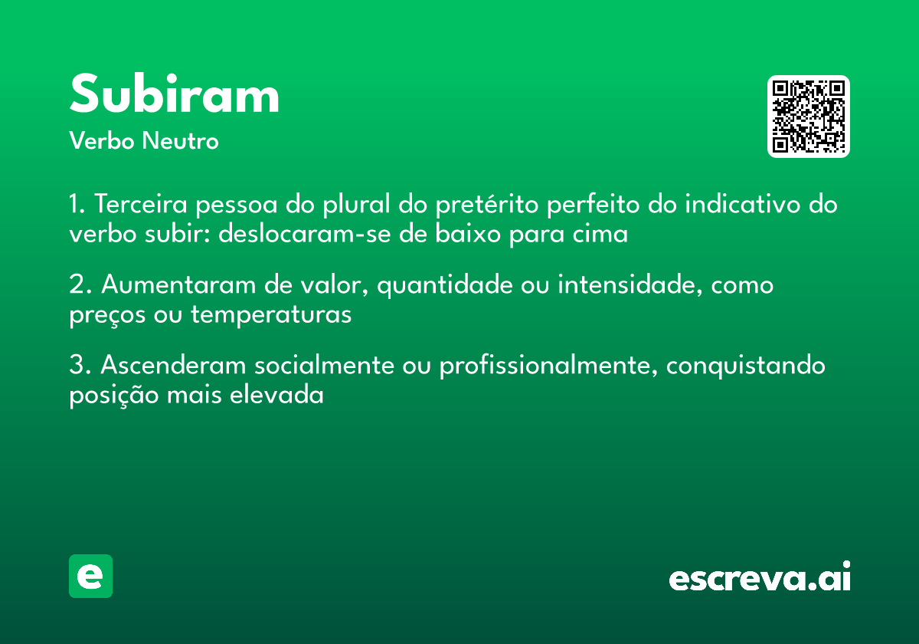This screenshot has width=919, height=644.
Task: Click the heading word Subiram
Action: tap(175, 95)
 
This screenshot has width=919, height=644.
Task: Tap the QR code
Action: tap(808, 117)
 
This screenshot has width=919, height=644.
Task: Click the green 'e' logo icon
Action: tap(90, 576)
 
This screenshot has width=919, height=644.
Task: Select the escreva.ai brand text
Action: tap(760, 578)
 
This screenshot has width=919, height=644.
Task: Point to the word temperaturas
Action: tap(271, 314)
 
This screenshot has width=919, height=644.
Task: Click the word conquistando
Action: tap(746, 366)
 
